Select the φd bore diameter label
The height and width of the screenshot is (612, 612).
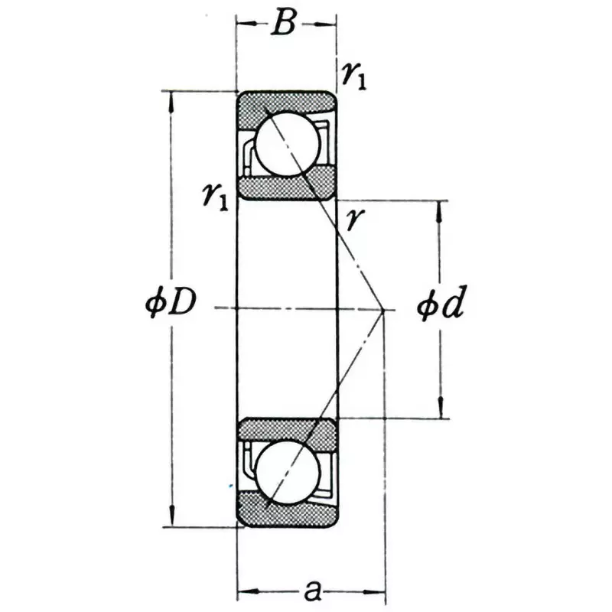pos(441,306)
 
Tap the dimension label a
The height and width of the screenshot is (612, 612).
pos(311,591)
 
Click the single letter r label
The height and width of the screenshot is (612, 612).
pos(353,220)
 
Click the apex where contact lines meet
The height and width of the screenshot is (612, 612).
pos(383,309)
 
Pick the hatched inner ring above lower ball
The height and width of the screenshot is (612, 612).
pos(287,433)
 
